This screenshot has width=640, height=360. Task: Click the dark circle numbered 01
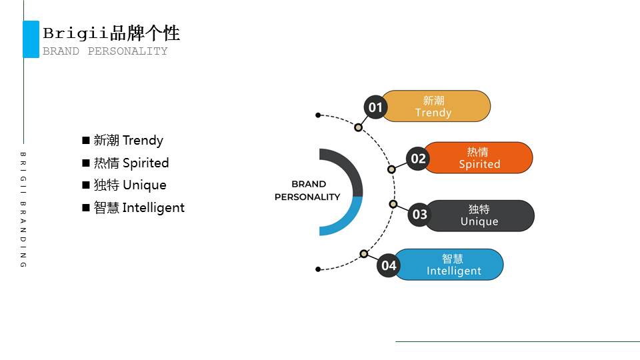(375, 107)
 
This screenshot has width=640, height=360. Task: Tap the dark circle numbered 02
(418, 159)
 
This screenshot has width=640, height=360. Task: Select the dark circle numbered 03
(419, 215)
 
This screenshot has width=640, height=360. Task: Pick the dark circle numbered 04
(389, 266)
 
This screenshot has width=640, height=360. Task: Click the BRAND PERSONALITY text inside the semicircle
(308, 190)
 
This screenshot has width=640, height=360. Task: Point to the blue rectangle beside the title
(31, 39)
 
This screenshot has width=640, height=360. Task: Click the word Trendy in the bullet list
(143, 141)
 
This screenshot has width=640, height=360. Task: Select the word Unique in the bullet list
(144, 185)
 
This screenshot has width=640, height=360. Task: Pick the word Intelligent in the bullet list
(153, 208)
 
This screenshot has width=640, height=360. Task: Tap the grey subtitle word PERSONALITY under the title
(127, 51)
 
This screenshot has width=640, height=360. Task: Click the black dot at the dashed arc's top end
(318, 115)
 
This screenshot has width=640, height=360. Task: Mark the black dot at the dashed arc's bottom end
(318, 269)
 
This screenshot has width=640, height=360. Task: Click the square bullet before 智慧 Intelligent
(85, 208)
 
